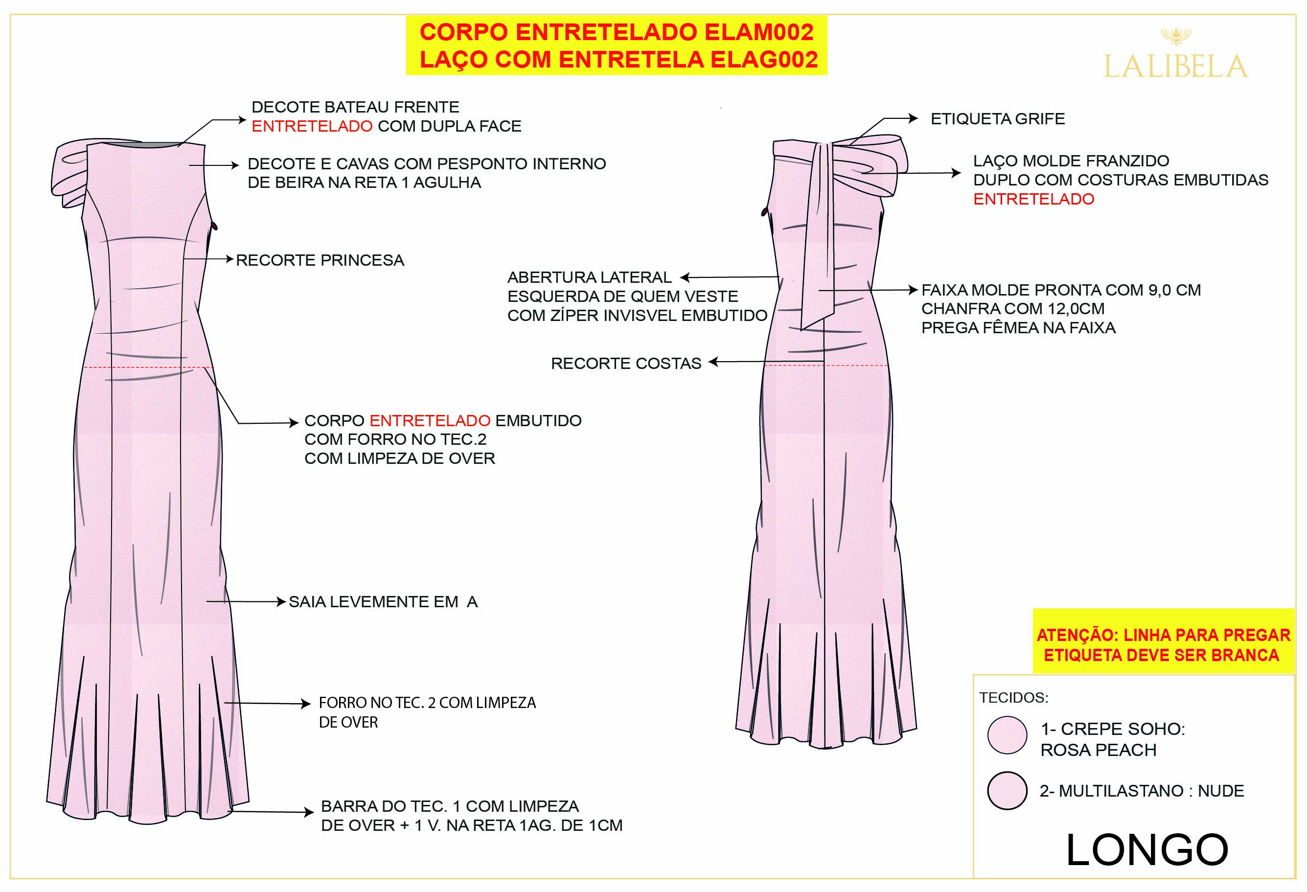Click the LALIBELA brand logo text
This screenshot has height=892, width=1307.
(1175, 67)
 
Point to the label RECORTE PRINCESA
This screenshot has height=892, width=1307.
(320, 260)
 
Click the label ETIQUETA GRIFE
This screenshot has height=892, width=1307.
(997, 119)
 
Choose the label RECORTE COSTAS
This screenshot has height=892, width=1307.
(625, 364)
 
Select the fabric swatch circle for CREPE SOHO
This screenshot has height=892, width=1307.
(1007, 735)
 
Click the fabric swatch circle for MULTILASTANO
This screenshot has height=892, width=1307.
(1007, 790)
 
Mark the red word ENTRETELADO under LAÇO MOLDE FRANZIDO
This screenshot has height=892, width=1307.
(1033, 199)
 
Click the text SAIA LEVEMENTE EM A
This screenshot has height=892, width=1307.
(383, 602)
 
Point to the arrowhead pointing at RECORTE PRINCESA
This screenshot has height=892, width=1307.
(229, 259)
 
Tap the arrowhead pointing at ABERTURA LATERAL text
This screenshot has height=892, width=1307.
(685, 277)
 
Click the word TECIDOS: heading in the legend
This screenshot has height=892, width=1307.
(1013, 698)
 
